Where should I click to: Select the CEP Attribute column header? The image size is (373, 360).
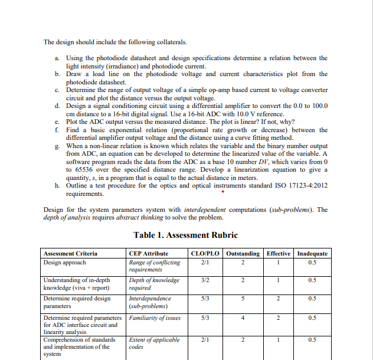(148, 253)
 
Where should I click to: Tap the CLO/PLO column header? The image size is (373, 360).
(205, 253)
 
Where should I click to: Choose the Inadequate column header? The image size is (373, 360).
(313, 253)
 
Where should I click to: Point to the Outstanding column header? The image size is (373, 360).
(243, 253)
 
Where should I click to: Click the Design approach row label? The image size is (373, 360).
(65, 262)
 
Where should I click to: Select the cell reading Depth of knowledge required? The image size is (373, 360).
(154, 284)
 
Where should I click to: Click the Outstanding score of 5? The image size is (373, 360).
(243, 299)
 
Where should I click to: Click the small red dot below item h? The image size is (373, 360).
(222, 191)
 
